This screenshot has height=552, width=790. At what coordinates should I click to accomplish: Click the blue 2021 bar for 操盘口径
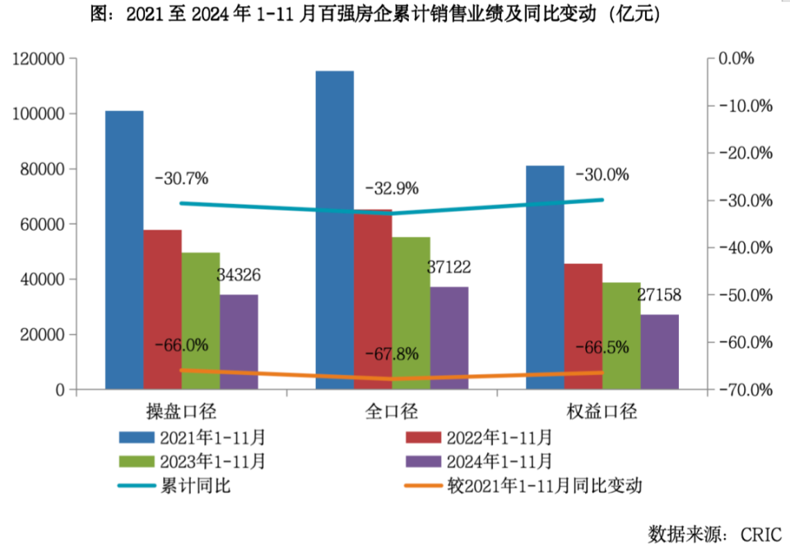pyautogui.click(x=124, y=247)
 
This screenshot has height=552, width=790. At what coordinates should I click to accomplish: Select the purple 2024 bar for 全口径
pyautogui.click(x=449, y=337)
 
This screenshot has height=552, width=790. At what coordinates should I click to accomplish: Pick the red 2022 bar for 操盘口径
pyautogui.click(x=162, y=308)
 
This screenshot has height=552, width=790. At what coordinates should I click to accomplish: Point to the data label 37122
pyautogui.click(x=449, y=267)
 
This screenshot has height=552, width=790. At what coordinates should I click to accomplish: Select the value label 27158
pyautogui.click(x=659, y=295)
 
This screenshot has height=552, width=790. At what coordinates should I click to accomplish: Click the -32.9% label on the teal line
pyautogui.click(x=392, y=188)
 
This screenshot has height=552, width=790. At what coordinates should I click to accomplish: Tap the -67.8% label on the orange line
pyautogui.click(x=392, y=355)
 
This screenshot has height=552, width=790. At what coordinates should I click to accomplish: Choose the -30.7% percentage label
pyautogui.click(x=181, y=178)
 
